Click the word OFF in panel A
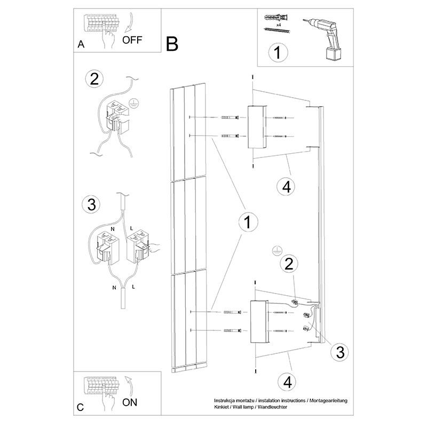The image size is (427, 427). (x=133, y=39)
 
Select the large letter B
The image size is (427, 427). (x=172, y=44)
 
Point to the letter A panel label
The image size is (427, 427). (x=81, y=45)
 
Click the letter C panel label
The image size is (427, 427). (x=80, y=407)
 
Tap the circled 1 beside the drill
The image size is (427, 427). (x=278, y=53)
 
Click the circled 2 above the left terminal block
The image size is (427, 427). (x=94, y=79)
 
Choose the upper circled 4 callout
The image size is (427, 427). (x=287, y=187)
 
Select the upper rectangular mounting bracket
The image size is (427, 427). (x=256, y=128)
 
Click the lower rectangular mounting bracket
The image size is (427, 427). (x=258, y=322)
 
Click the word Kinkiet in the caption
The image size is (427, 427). (x=223, y=407)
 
